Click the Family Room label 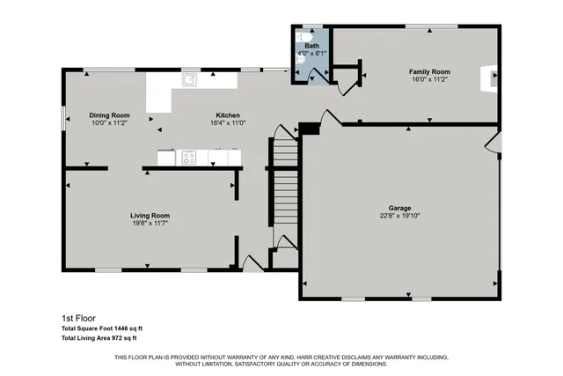point(428,70)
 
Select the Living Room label point(150,215)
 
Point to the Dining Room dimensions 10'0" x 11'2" point(109,123)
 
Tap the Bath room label point(312,45)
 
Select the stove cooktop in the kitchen point(189,159)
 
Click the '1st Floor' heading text point(77,318)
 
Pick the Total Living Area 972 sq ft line point(99,337)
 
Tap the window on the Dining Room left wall point(62,116)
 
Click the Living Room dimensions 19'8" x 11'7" point(150,223)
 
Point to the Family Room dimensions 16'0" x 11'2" point(428,78)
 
